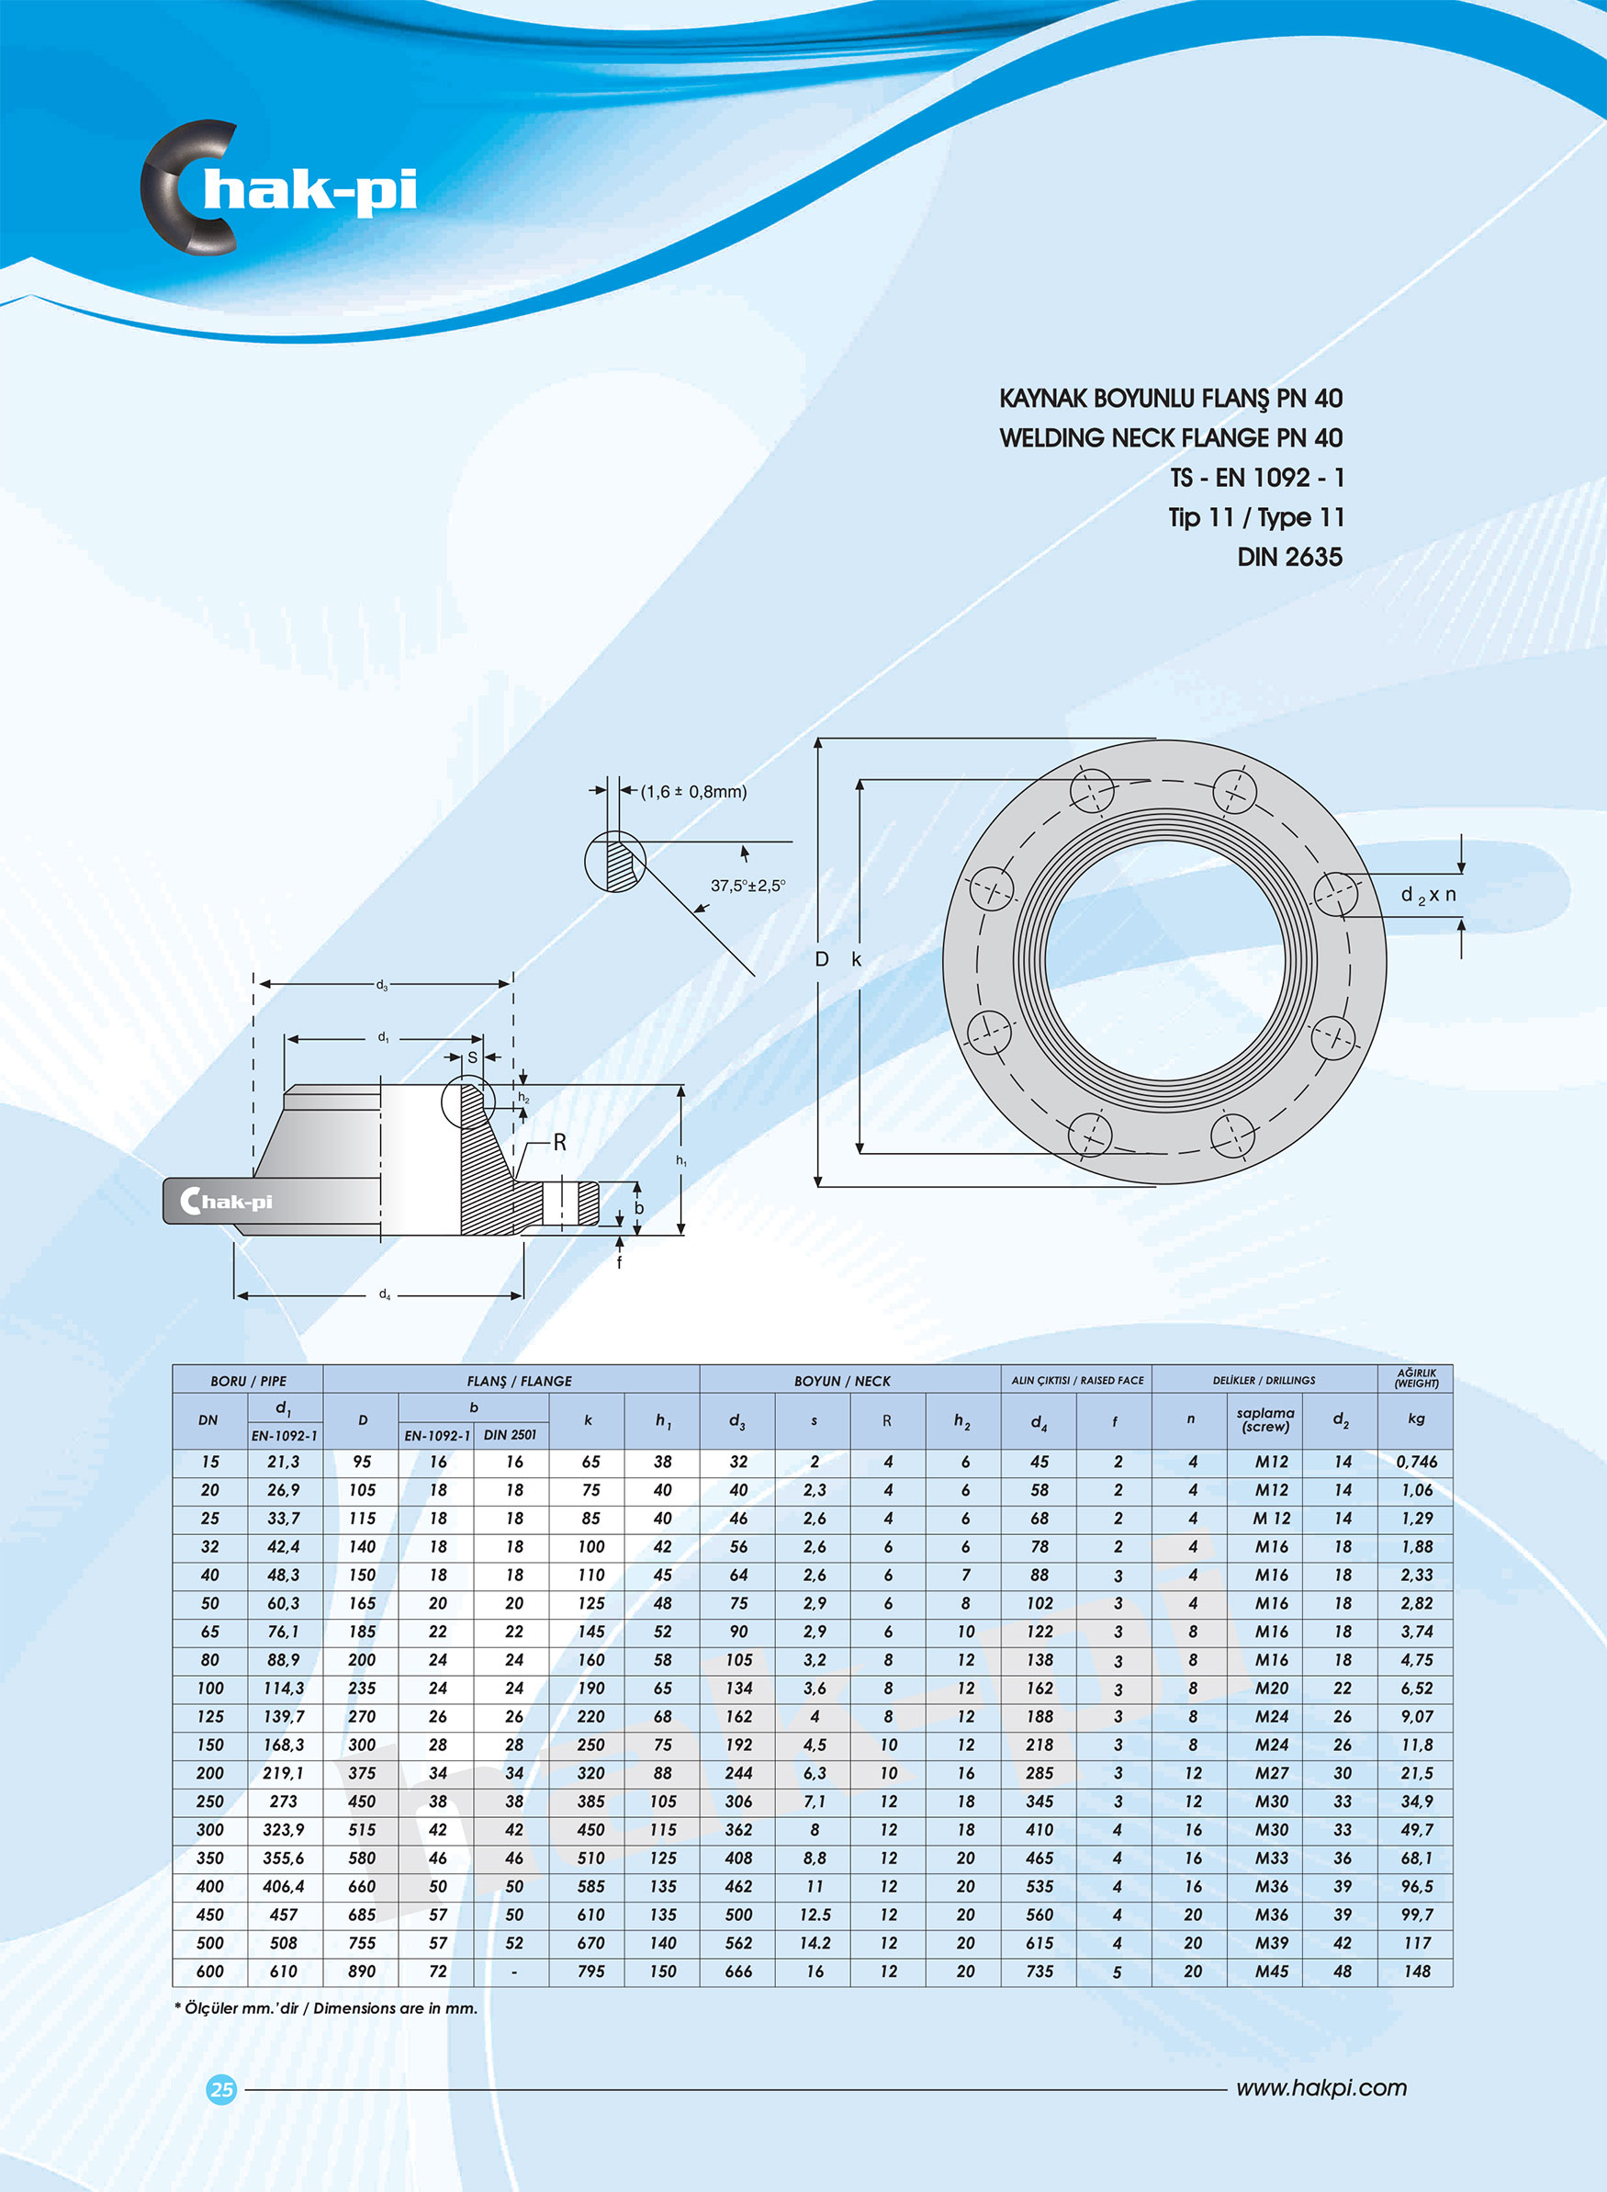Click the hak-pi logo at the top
[x=280, y=188]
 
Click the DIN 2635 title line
[x=1289, y=558]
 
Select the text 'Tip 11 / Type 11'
[x=1255, y=517]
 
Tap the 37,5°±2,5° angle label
[x=747, y=886]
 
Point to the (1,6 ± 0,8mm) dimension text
[x=693, y=792]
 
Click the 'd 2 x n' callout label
[x=1428, y=895]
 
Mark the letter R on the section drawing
[x=559, y=1143]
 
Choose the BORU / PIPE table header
[x=248, y=1381]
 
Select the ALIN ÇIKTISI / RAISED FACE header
[x=1077, y=1381]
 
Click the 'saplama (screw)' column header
[x=1264, y=1419]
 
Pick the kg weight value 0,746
[x=1416, y=1462]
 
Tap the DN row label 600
[x=210, y=1972]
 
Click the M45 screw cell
[x=1272, y=1972]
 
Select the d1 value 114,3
[x=283, y=1688]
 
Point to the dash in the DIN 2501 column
[x=513, y=1972]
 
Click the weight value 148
[x=1416, y=1972]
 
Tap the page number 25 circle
[x=222, y=2089]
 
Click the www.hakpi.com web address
[x=1321, y=2088]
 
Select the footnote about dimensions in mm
[x=326, y=2008]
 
